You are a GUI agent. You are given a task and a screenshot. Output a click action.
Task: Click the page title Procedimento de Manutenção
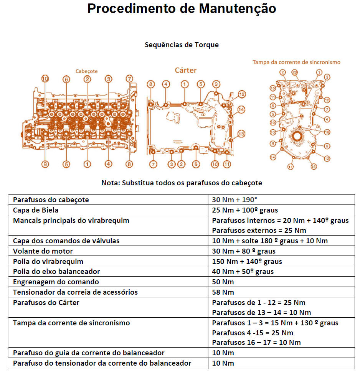coord(182,9)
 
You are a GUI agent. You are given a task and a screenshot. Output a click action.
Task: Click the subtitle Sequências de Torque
coord(182,45)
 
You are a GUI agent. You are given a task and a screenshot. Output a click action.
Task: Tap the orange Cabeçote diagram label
coord(86,71)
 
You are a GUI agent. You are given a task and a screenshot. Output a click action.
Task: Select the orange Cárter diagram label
coord(185,70)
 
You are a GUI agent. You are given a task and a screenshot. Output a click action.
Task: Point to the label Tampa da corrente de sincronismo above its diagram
coord(296,62)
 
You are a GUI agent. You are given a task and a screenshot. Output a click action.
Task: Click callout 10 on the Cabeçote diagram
coord(45,79)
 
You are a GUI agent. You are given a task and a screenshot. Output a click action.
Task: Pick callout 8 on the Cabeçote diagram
coord(129,164)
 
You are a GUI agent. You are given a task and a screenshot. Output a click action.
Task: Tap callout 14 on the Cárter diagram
coord(241,110)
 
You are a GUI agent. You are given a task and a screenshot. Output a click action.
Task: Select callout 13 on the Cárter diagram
coord(241,134)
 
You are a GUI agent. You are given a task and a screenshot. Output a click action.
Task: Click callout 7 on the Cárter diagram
coord(153,164)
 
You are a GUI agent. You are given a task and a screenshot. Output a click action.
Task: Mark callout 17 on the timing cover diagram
coord(291,167)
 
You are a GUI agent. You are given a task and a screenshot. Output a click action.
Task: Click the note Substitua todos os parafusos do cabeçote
coord(182,183)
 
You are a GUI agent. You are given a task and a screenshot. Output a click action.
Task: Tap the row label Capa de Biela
coord(36,210)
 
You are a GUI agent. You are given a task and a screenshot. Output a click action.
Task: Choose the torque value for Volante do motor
coord(249,251)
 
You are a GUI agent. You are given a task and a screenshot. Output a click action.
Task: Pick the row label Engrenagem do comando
coord(56,282)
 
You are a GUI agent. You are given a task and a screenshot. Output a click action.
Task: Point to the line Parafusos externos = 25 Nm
coord(259,231)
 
